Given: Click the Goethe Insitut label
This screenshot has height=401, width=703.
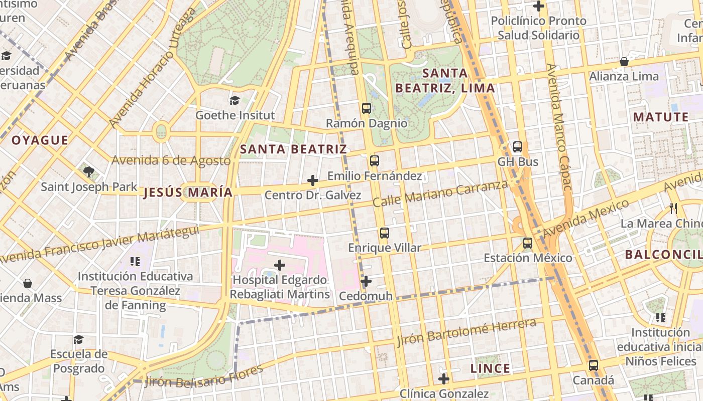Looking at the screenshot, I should (x=235, y=115).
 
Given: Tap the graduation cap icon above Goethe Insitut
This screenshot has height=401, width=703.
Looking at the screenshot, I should (x=235, y=100).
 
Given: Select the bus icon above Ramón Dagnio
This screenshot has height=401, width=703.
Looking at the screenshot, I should (x=367, y=108).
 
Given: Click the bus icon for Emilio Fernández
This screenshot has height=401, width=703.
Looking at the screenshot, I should (x=375, y=161).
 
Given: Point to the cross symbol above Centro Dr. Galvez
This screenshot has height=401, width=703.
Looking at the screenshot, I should (x=313, y=180).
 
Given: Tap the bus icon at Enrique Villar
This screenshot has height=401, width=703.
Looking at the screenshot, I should (x=385, y=233).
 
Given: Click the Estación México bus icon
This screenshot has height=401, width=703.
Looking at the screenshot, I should (x=528, y=243).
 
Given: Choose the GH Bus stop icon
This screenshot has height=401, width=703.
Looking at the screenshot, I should (x=518, y=147).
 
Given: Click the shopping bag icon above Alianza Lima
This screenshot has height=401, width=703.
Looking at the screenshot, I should (x=624, y=62).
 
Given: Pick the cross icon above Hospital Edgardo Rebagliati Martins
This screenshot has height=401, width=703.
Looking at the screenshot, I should (x=280, y=265).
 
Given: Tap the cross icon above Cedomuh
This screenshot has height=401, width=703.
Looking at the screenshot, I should (x=366, y=281).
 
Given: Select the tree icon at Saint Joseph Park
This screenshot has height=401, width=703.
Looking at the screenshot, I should (x=89, y=172).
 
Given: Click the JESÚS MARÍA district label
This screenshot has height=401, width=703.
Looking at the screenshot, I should (x=188, y=192).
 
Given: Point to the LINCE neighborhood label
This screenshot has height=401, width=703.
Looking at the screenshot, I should (x=490, y=369).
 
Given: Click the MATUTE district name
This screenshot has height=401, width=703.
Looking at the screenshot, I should (x=661, y=117).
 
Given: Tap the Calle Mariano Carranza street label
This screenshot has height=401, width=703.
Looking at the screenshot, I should (x=440, y=194).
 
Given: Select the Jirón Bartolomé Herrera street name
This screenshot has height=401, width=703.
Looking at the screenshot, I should (x=466, y=332).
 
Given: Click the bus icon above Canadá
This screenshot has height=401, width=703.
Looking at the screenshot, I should (x=594, y=365).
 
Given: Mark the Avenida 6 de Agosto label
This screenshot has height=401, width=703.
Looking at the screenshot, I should (x=171, y=160).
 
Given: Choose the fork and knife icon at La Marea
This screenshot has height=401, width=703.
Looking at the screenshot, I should (x=673, y=208).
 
